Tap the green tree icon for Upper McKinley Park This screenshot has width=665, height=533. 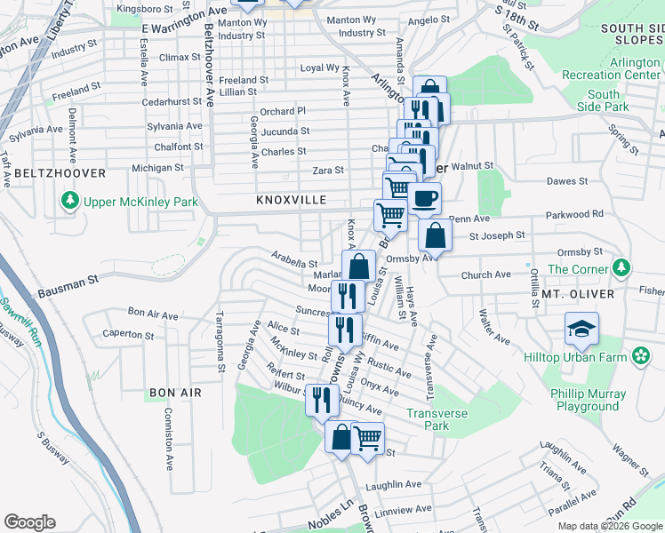coord(69,202)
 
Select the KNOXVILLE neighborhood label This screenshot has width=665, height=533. coord(292,201)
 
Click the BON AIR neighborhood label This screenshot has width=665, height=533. coord(175,392)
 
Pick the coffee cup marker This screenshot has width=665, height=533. coord(424,197)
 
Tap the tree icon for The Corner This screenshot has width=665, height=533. coord(622,267)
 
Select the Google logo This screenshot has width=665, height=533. coord(29,522)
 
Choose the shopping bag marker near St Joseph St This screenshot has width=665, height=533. coord(435,236)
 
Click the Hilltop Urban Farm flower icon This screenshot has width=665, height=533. coord(640,355)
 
